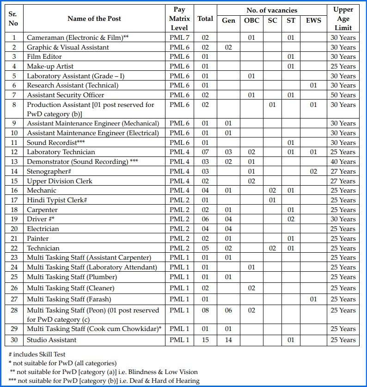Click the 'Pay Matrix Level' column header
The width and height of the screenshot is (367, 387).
pos(179,19)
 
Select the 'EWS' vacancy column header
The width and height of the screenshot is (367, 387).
pos(313,21)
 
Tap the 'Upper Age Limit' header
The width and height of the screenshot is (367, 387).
pos(343,19)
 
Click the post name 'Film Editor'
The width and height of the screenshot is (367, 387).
pos(44,56)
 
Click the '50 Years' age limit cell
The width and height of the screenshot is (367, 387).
pos(343,95)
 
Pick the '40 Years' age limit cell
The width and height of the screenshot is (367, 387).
pos(343,162)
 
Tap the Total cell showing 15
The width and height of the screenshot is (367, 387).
pos(205,340)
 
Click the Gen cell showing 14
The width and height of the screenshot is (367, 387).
pos(228,340)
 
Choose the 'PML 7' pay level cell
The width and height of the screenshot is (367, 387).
pos(179,37)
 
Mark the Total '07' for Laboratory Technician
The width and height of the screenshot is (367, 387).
pos(205,152)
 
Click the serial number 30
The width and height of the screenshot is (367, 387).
pos(14,340)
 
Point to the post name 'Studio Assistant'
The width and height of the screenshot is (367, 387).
pos(51,340)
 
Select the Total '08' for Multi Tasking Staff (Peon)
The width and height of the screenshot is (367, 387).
pos(205,310)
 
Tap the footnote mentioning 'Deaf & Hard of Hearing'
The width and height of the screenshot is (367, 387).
pos(104,381)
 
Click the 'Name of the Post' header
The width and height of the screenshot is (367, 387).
pos(94,19)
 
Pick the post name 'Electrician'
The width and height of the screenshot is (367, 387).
pos(43,229)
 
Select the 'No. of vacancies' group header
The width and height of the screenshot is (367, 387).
pos(272,10)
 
